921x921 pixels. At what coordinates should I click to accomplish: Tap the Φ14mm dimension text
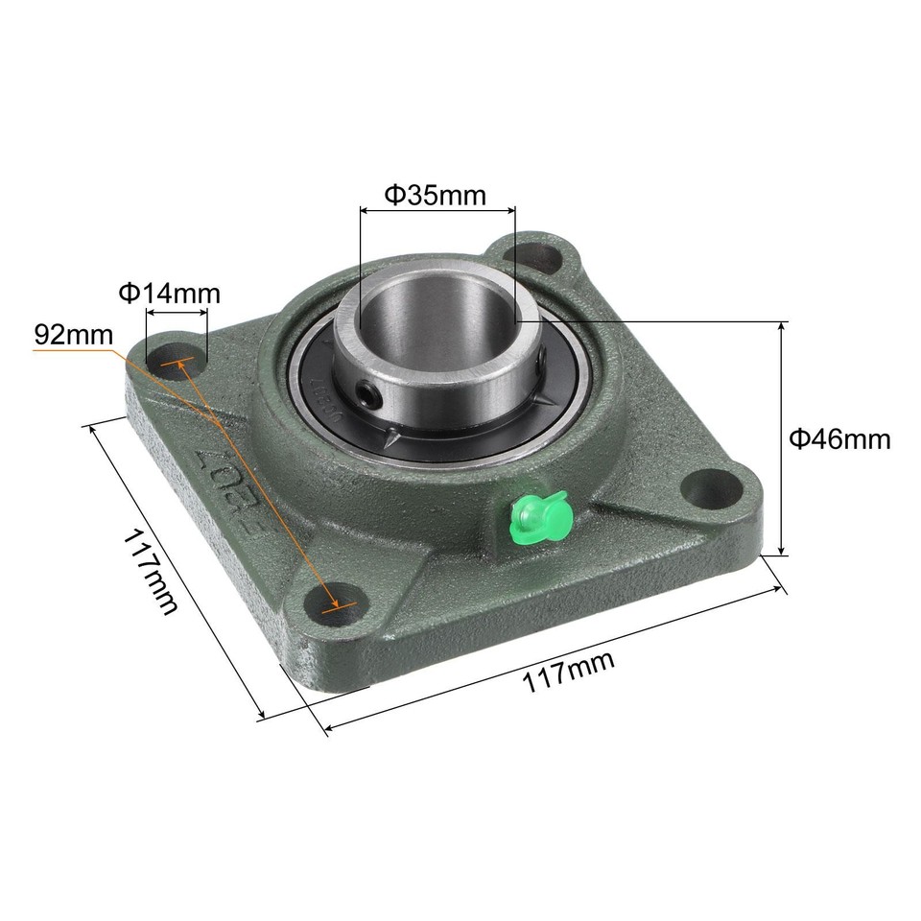169,293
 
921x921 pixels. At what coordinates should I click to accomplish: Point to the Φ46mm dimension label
839,439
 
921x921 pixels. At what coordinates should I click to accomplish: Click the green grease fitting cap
540,515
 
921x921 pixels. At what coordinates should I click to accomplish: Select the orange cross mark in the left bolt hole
176,365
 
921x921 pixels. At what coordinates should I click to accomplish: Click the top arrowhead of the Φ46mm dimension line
782,327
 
